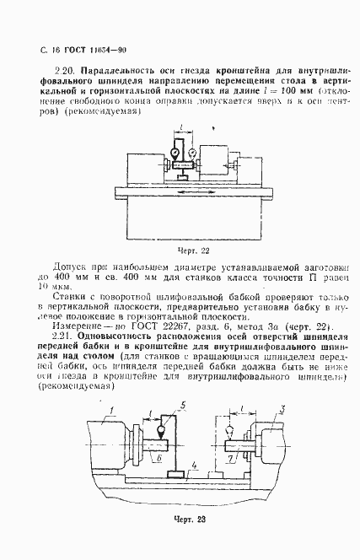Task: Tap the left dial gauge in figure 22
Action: [x=175, y=153]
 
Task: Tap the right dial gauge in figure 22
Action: [x=193, y=153]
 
